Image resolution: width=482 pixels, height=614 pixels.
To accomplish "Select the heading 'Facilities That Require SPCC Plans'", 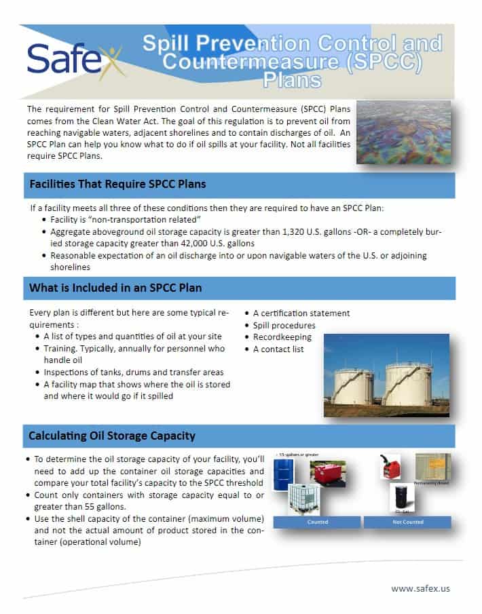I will pos(117,185).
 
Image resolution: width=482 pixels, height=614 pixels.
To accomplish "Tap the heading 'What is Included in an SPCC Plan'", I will pos(115,288).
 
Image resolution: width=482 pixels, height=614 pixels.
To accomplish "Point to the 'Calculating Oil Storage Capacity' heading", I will pos(112,436).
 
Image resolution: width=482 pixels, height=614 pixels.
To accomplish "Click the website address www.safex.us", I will pos(420,588).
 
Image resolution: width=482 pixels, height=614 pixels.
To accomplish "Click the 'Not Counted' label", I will pos(407,522).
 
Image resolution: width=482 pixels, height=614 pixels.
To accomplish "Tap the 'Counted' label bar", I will pos(318,522).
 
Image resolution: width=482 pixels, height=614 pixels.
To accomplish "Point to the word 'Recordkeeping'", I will pos(282,337).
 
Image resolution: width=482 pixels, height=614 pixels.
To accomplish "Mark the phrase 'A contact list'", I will pos(278,349).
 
